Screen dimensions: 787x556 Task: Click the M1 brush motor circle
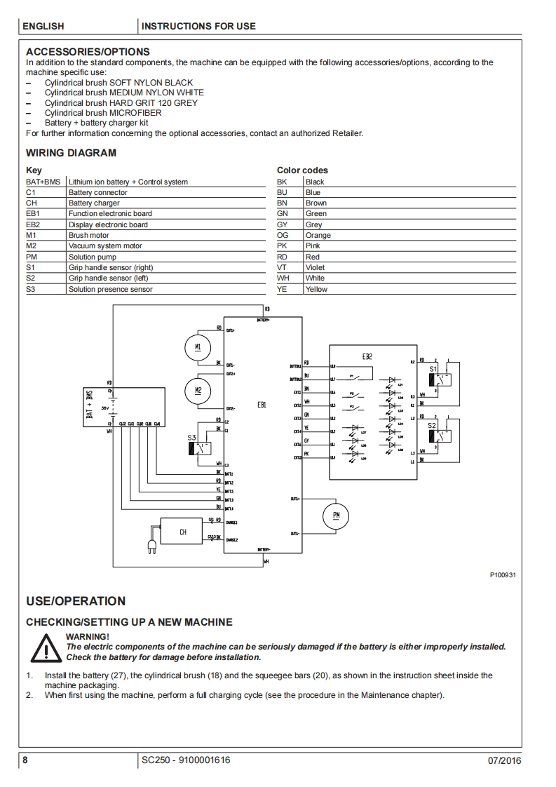198,347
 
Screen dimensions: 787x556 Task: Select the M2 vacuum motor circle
198,390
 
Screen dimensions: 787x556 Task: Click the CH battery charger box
183,532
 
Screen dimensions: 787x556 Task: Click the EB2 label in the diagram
367,356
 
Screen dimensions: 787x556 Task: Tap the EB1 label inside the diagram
262,405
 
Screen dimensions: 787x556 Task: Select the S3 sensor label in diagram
191,437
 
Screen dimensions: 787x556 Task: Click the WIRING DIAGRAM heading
71,153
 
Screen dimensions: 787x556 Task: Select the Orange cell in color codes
318,236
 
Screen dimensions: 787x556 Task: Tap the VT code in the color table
282,267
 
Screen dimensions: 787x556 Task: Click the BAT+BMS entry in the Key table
43,182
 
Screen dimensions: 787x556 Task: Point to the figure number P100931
502,575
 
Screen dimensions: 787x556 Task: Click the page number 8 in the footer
25,760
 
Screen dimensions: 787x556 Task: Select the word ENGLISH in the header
43,27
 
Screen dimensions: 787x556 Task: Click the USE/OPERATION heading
76,601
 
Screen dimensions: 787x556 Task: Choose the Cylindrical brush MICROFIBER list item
102,112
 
